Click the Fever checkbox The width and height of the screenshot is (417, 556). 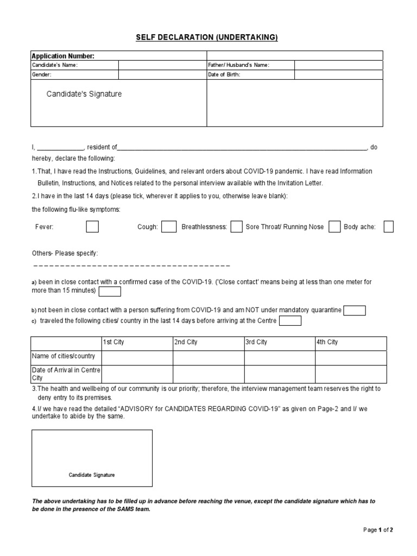point(92,226)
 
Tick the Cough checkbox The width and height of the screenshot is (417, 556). point(169,226)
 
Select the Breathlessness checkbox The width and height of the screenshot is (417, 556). point(236,226)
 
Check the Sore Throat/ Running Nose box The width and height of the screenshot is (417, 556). point(334,226)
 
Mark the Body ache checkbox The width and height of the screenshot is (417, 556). point(388,226)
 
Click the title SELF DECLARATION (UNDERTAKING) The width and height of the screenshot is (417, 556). point(206,37)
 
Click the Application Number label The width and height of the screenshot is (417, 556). point(63,56)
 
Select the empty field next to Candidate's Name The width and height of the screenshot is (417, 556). point(162,65)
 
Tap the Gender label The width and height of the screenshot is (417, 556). point(41,74)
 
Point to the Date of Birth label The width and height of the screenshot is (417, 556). point(224,74)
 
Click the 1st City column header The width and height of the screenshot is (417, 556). point(113,342)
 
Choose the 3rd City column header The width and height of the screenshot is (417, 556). point(256,342)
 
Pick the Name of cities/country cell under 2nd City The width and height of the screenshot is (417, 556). point(208,358)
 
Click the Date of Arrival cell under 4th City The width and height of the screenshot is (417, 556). point(351,374)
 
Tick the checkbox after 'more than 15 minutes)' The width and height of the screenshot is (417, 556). point(110,292)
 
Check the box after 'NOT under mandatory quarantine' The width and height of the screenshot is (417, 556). point(355,310)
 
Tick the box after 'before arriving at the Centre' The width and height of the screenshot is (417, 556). point(290,321)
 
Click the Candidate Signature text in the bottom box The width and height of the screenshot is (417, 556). point(92,475)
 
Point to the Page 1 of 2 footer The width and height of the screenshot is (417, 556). point(378,529)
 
